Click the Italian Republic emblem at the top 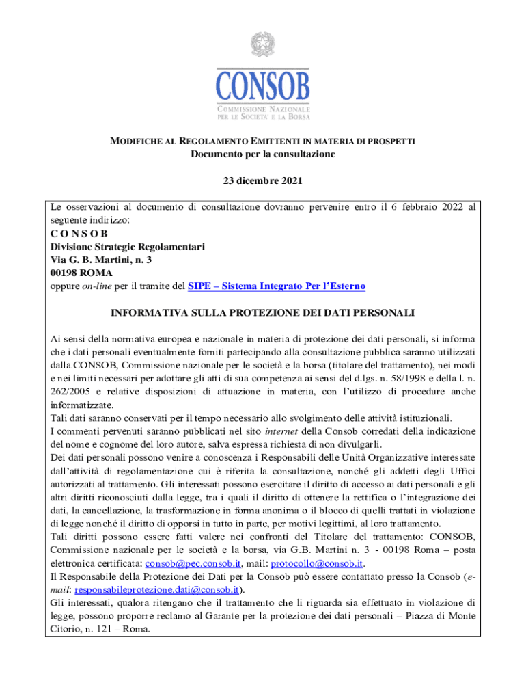coord(263,45)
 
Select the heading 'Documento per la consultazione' coord(263,154)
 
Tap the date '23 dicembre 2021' coord(263,181)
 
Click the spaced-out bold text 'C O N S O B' coord(80,233)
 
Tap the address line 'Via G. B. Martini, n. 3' coord(101,260)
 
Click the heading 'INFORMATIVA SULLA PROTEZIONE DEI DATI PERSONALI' coord(263,312)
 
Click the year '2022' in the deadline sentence coord(448,206)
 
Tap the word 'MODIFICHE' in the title coord(135,141)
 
